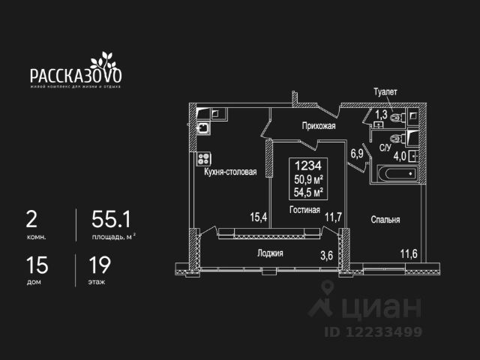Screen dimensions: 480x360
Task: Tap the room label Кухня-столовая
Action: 230,172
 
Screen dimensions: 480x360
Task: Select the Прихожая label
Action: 318,127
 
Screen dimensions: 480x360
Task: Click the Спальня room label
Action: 385,220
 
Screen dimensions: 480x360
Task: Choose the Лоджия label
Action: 269,253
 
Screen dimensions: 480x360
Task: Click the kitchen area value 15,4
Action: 259,217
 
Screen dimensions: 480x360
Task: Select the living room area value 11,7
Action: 333,217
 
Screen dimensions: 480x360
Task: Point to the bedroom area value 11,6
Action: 409,254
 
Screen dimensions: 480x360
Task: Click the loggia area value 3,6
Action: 326,255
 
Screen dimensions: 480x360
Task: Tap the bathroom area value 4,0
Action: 400,156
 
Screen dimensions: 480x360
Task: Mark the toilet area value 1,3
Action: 381,115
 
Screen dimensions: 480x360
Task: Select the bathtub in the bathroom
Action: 392,174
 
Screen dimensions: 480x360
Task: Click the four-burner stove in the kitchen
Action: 202,159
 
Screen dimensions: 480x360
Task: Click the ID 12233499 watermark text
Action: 373,331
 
